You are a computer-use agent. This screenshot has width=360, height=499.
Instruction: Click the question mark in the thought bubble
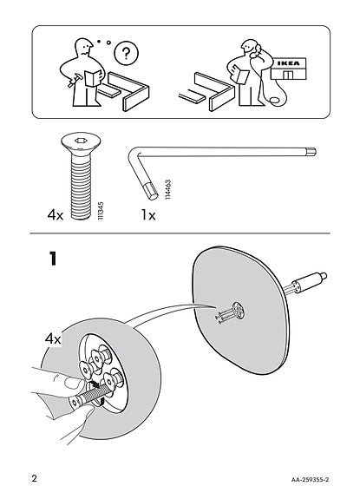click(x=127, y=54)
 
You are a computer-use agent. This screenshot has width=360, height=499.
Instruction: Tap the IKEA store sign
click(x=289, y=63)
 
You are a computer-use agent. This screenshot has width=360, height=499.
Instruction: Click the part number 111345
click(x=101, y=211)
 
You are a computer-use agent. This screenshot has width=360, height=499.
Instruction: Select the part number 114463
click(x=168, y=190)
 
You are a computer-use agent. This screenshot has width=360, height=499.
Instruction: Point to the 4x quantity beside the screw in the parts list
click(x=56, y=215)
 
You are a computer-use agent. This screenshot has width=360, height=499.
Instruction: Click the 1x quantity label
click(x=148, y=215)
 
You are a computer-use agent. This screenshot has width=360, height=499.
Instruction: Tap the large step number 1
click(x=53, y=259)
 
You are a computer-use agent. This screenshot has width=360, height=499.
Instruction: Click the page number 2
click(x=35, y=478)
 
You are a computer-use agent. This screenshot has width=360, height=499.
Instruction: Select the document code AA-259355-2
click(x=310, y=479)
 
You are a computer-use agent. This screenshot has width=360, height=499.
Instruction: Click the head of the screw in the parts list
click(x=81, y=142)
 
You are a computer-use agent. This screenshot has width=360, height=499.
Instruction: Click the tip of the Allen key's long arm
click(x=311, y=152)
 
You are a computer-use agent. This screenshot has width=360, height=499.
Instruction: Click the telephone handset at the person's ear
click(x=257, y=51)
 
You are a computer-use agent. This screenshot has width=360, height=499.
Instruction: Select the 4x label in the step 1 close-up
click(x=53, y=338)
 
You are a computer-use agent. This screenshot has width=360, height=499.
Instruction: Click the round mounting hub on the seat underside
click(x=239, y=311)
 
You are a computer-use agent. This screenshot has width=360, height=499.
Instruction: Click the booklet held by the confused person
click(x=94, y=77)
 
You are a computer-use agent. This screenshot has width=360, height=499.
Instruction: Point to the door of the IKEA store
click(x=287, y=76)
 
